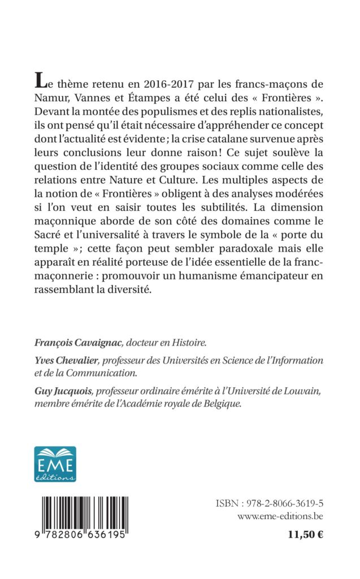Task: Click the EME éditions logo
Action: (55, 464)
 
